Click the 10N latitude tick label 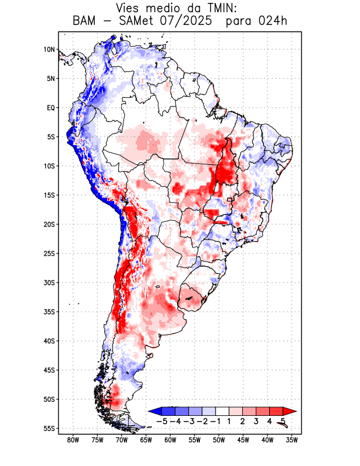click(x=49, y=50)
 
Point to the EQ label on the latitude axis click(x=51, y=108)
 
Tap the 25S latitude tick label click(x=49, y=253)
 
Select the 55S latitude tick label click(x=49, y=429)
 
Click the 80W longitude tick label click(x=73, y=440)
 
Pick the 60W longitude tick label click(x=171, y=440)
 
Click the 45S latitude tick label click(x=49, y=370)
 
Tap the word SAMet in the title click(x=140, y=21)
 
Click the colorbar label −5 click(x=161, y=421)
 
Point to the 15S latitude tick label click(x=49, y=195)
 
